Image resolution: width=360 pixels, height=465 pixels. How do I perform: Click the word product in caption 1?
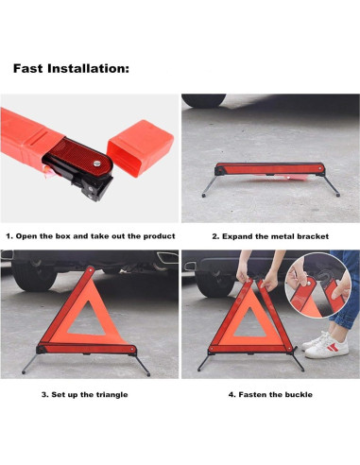157,235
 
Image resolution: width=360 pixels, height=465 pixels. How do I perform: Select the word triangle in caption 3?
110,393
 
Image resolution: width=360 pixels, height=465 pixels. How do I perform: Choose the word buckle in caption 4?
293,393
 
